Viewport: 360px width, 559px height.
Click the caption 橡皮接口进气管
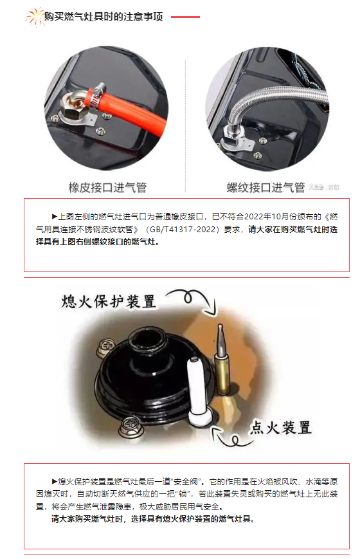tap(107, 187)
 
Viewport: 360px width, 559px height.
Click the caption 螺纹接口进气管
tap(265, 187)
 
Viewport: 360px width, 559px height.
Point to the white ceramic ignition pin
tap(195, 386)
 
